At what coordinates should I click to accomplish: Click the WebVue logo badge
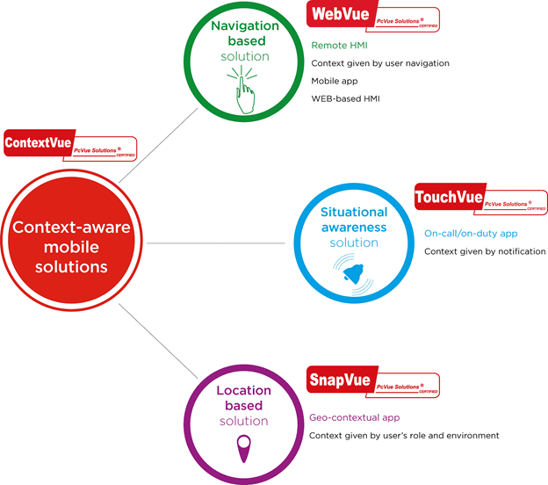tap(372, 18)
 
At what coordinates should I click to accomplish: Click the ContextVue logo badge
tap(69, 143)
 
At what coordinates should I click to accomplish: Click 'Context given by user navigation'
tap(380, 62)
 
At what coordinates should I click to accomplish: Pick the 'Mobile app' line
tap(334, 80)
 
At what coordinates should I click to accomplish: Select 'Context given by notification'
tap(485, 252)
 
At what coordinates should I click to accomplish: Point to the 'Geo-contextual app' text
tap(355, 418)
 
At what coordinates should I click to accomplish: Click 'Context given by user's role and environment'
tap(405, 436)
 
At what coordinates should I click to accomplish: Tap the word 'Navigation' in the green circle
tap(244, 25)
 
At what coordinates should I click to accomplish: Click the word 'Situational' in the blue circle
tap(354, 212)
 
